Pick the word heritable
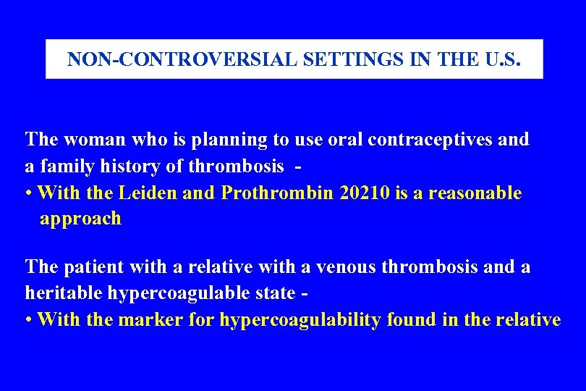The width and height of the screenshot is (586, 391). click(66, 293)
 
